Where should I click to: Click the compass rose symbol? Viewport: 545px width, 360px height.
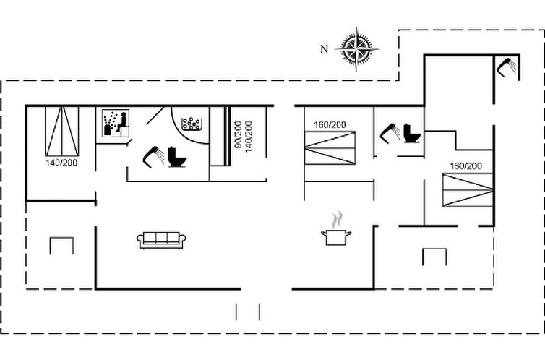[357, 49]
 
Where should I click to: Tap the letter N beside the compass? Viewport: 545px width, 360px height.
[324, 49]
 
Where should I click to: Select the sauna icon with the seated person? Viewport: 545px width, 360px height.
[116, 124]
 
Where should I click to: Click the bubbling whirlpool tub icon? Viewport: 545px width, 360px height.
[192, 124]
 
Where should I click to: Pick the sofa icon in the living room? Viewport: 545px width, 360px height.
[161, 241]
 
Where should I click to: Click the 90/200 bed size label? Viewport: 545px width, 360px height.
[239, 135]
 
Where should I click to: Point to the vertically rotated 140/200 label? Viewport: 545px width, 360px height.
[249, 136]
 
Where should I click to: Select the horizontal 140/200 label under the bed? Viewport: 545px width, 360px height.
[61, 163]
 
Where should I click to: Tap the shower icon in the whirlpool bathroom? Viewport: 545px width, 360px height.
[154, 157]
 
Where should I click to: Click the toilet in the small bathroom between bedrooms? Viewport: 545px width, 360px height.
[412, 134]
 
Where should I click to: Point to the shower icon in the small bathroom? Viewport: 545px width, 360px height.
[390, 133]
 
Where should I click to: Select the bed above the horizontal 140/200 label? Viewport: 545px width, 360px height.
[62, 132]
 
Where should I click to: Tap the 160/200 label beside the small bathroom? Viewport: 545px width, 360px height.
[330, 125]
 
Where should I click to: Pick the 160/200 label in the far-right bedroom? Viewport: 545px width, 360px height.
[466, 166]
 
